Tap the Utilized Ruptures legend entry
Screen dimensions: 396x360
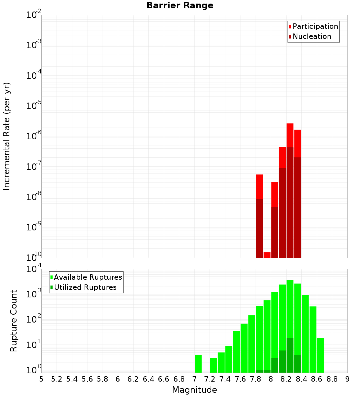(85, 287)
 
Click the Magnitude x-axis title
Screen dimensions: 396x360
(194, 390)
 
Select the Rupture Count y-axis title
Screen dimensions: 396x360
(14, 321)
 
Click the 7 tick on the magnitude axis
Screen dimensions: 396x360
(194, 379)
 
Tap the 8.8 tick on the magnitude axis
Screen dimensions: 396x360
(332, 379)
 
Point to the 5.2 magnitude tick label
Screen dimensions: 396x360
(57, 379)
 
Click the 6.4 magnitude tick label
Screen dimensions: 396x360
(148, 379)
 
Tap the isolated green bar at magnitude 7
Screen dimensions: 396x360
(198, 364)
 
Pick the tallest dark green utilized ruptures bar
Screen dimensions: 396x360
(290, 355)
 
